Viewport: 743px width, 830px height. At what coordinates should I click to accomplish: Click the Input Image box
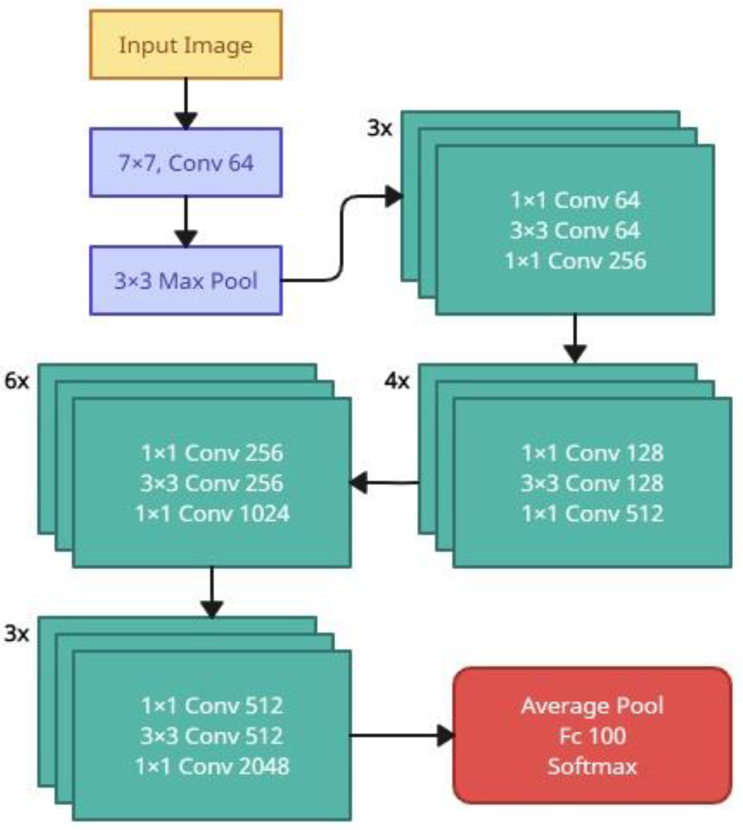[x=186, y=45]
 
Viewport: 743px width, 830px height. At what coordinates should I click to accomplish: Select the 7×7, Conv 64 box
[x=186, y=162]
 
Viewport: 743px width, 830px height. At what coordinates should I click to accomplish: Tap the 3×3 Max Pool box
[x=186, y=280]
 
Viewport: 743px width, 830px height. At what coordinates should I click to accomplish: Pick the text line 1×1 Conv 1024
[x=212, y=513]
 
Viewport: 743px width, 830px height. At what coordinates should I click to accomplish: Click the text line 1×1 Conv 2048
[x=212, y=766]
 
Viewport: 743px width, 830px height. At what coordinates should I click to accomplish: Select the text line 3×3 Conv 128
[x=592, y=483]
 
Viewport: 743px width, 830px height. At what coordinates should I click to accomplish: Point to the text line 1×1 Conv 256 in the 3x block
[x=575, y=261]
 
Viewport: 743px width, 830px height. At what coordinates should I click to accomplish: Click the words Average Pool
[x=592, y=705]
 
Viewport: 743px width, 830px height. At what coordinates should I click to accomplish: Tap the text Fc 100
[x=592, y=735]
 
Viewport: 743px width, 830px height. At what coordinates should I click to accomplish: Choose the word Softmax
[x=592, y=766]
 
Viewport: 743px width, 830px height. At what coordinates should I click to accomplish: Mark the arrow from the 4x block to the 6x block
[x=384, y=483]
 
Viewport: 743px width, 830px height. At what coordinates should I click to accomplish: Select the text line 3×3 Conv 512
[x=212, y=735]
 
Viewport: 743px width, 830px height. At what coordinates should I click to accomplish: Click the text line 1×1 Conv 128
[x=592, y=453]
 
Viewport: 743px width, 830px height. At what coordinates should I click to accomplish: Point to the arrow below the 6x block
[x=212, y=591]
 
